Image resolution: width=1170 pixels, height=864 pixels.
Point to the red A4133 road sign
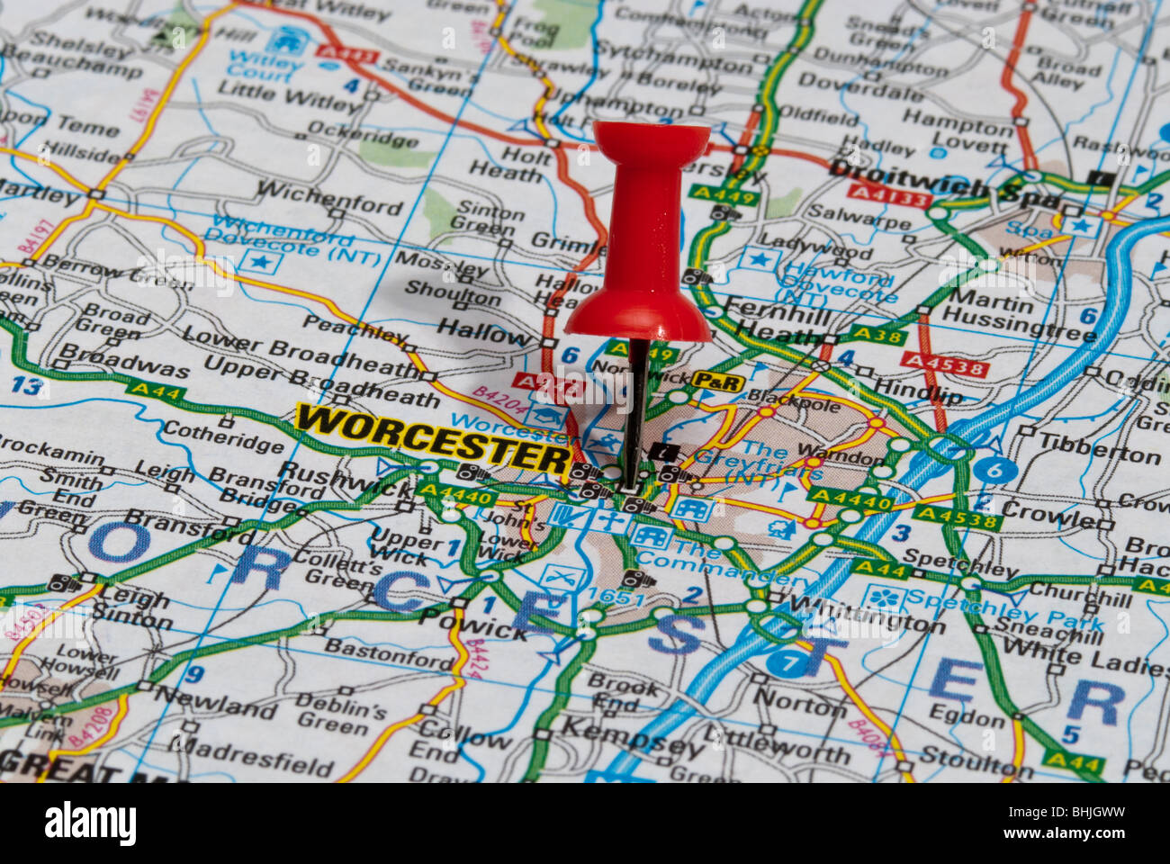click(x=887, y=193)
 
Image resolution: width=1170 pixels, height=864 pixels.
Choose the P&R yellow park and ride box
click(x=717, y=382)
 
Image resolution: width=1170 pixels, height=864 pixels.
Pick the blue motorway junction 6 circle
click(x=994, y=469)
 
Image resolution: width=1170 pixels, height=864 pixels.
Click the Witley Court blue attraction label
click(x=262, y=67)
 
